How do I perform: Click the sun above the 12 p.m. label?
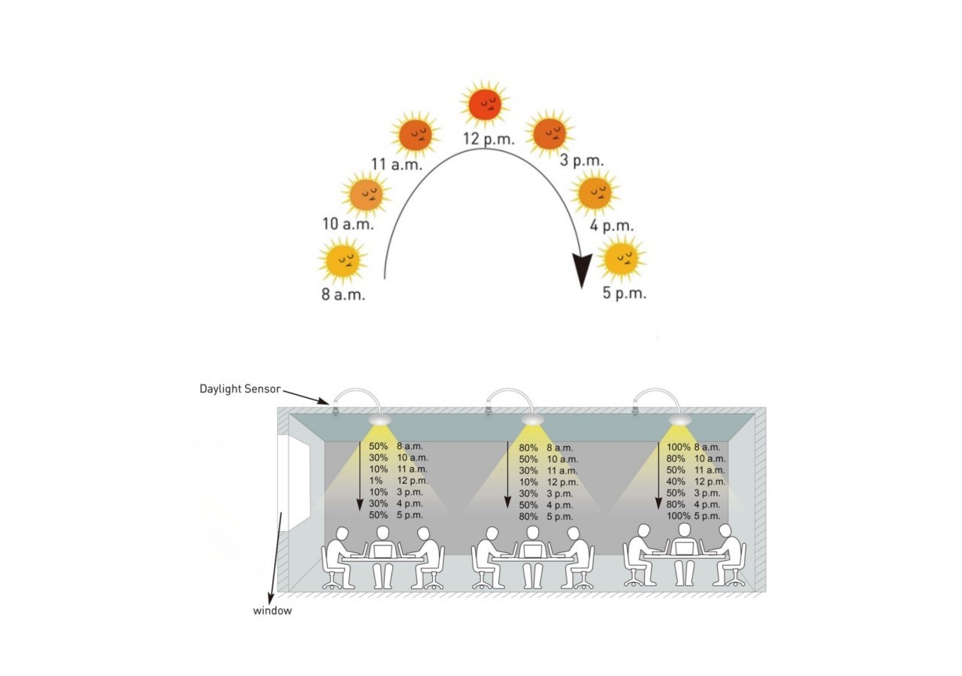coord(485,104)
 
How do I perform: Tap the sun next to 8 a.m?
coord(342,260)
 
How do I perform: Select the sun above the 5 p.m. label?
coord(622,258)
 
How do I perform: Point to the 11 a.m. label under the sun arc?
coord(397,164)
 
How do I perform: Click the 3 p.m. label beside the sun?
coord(582,161)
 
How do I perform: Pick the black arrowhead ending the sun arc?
coord(582,270)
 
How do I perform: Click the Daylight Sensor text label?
coord(240,389)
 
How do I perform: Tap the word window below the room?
coord(272,611)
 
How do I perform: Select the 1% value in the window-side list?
coord(375,481)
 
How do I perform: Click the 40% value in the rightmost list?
coord(676,481)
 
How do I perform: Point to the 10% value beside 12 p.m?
coord(528,482)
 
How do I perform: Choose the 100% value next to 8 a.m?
coord(678,447)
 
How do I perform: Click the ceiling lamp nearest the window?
coord(380,419)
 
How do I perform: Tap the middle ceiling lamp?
coord(533,420)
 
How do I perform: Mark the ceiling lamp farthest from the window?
coord(680,420)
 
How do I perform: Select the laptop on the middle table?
coord(533,550)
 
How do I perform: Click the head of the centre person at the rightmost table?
coord(684,530)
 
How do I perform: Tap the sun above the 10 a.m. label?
coord(366,194)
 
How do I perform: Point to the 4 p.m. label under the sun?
coord(612,226)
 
